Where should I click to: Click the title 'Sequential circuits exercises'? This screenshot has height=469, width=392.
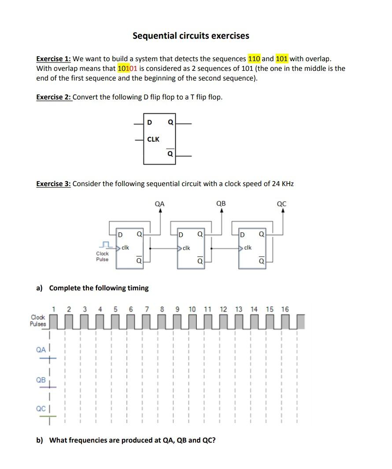pyautogui.click(x=191, y=36)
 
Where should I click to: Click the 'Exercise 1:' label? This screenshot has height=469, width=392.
pyautogui.click(x=53, y=59)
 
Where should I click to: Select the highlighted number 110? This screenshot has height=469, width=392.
pyautogui.click(x=254, y=59)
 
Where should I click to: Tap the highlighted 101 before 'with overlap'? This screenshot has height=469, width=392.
pyautogui.click(x=282, y=59)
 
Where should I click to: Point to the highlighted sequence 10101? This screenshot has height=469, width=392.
pyautogui.click(x=127, y=68)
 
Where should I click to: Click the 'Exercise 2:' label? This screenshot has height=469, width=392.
pyautogui.click(x=53, y=97)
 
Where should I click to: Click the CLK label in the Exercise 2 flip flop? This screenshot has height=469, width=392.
pyautogui.click(x=153, y=139)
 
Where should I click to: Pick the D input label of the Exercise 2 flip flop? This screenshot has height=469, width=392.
pyautogui.click(x=149, y=122)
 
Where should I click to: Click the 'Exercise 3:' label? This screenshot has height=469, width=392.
pyautogui.click(x=53, y=183)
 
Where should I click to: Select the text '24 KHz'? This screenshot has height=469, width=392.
pyautogui.click(x=283, y=183)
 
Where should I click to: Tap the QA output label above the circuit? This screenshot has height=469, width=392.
pyautogui.click(x=160, y=204)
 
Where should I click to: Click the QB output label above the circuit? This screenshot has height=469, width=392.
pyautogui.click(x=221, y=204)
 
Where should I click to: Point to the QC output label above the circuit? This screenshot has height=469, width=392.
pyautogui.click(x=282, y=204)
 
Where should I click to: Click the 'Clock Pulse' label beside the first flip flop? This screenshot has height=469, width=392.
pyautogui.click(x=102, y=256)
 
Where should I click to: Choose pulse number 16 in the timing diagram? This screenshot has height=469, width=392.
pyautogui.click(x=285, y=309)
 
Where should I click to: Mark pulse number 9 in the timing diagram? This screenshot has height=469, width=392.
pyautogui.click(x=177, y=309)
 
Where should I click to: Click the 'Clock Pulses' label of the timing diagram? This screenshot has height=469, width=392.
pyautogui.click(x=38, y=320)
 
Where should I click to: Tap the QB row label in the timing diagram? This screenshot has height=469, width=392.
pyautogui.click(x=41, y=380)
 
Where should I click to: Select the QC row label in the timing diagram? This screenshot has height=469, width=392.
pyautogui.click(x=41, y=408)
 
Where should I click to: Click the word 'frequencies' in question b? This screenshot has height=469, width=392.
pyautogui.click(x=100, y=440)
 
